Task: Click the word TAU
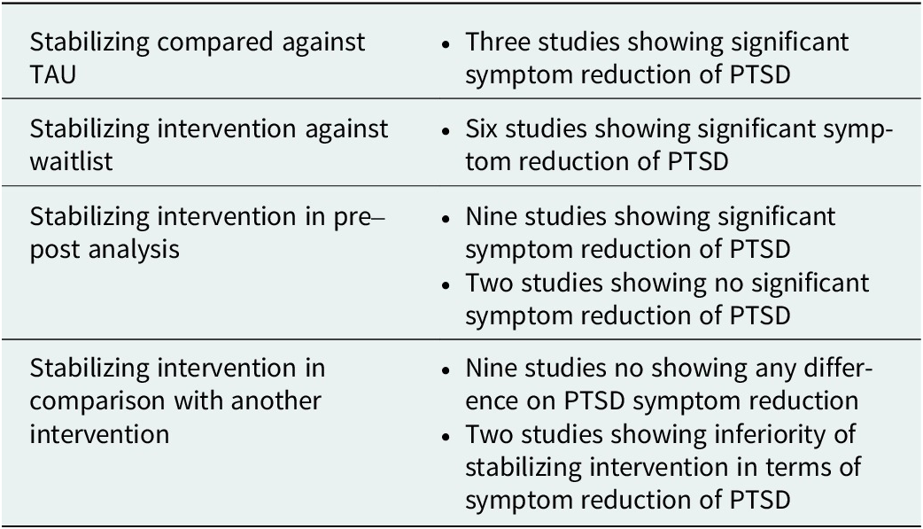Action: pyautogui.click(x=53, y=74)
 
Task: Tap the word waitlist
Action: pyautogui.click(x=71, y=161)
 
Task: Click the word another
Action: pyautogui.click(x=276, y=401)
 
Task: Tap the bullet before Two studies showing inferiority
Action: pyautogui.click(x=446, y=437)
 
